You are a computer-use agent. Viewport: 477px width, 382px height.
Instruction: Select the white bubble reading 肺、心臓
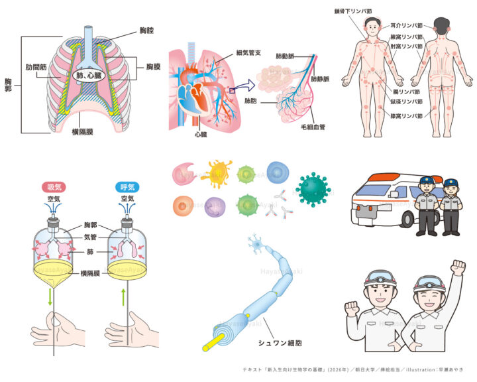click(89, 76)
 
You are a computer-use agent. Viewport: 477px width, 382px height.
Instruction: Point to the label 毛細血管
click(318, 126)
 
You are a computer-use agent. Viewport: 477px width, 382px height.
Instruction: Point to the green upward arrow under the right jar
click(124, 294)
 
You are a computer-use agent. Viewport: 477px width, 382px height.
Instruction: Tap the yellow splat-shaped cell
click(217, 174)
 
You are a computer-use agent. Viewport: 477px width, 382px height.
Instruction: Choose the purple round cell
click(215, 206)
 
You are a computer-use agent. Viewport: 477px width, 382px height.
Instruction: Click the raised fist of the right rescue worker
click(457, 267)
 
